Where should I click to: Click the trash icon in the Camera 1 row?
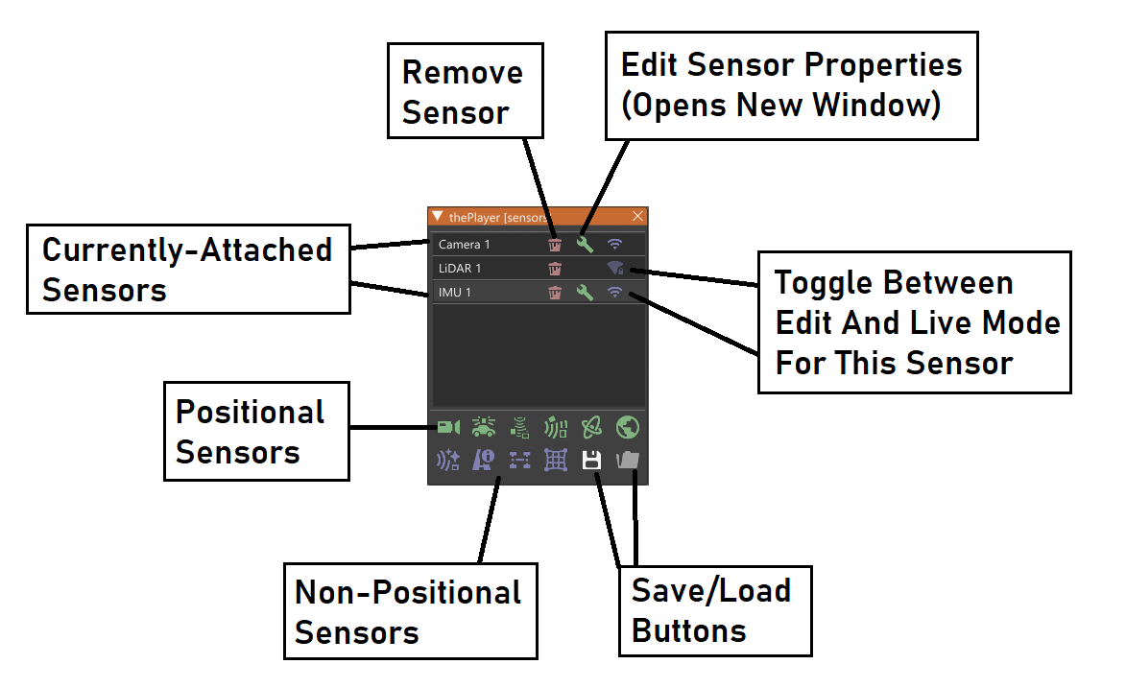[555, 245]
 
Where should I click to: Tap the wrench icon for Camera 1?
[585, 245]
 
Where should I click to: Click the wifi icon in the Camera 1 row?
[615, 245]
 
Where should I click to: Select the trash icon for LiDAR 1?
[555, 269]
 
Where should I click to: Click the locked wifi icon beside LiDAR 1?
[615, 269]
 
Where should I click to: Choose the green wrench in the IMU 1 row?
[585, 293]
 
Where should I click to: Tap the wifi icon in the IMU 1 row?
[615, 293]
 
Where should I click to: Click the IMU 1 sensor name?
[455, 293]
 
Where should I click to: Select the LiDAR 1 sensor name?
[460, 269]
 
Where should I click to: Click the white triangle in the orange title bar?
[438, 216]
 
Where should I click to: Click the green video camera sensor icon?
[448, 427]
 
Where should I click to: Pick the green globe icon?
[628, 427]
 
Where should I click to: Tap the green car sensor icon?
[484, 427]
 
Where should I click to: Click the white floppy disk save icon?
[591, 461]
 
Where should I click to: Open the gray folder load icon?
[628, 461]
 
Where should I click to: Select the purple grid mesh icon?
[556, 461]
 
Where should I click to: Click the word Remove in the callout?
[463, 73]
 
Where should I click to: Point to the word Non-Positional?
[408, 592]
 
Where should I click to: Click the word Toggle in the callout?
[825, 283]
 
